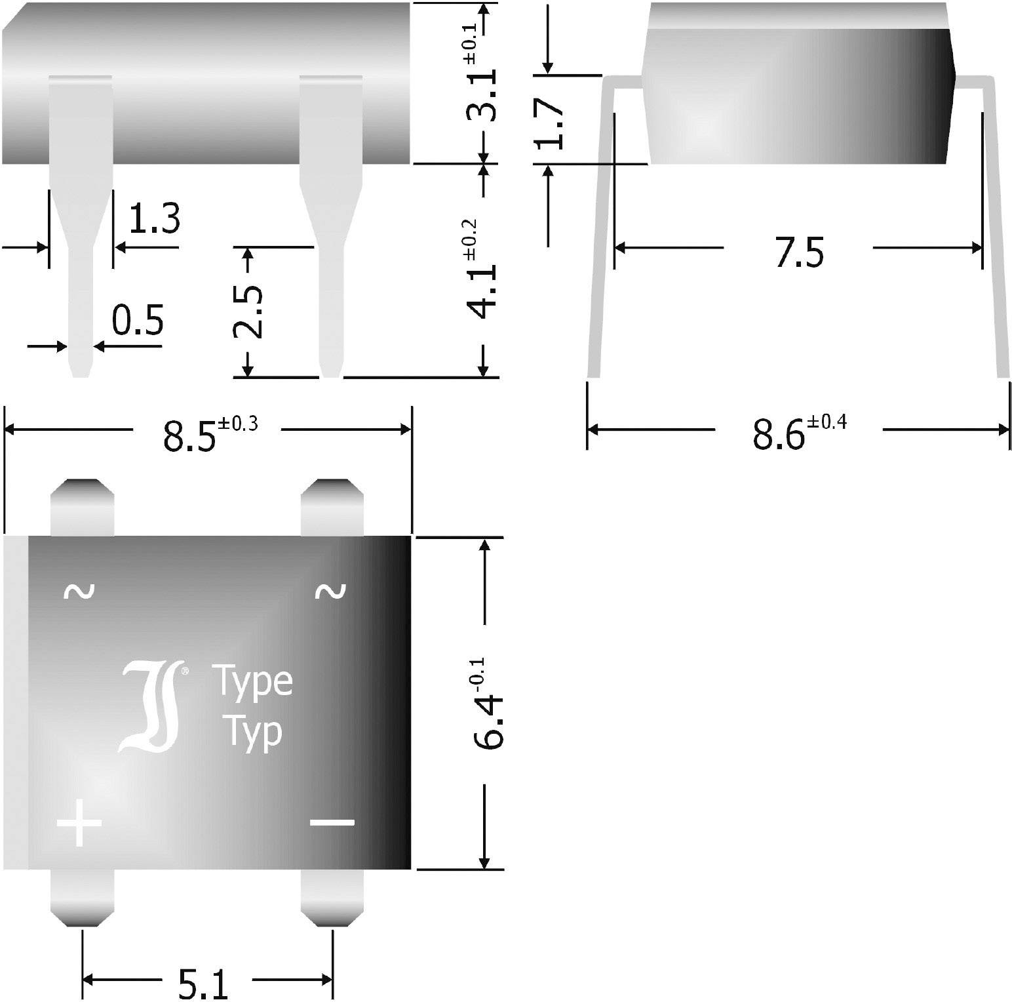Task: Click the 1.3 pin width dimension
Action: (x=153, y=219)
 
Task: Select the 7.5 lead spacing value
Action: (x=799, y=252)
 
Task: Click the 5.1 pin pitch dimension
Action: (x=204, y=984)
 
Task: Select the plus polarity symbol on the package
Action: (x=79, y=822)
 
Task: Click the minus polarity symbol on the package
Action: (x=332, y=822)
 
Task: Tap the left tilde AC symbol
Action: (x=79, y=591)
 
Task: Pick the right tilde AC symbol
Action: (x=330, y=591)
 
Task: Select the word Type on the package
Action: (x=252, y=682)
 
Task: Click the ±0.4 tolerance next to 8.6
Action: (x=827, y=422)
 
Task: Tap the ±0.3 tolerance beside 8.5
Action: (x=238, y=424)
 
